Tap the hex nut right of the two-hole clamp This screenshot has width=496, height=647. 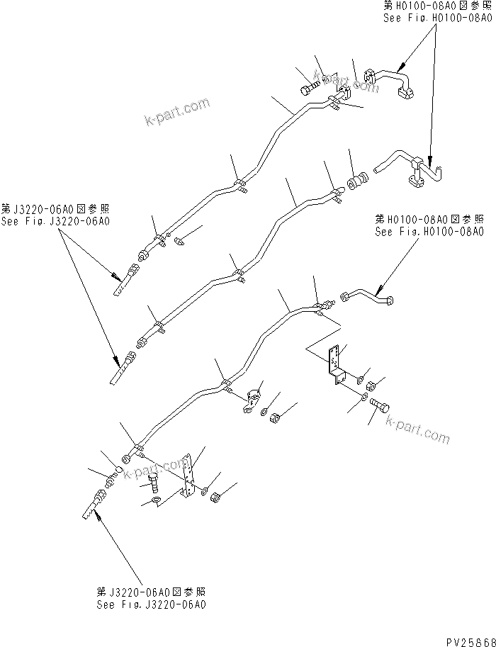tap(274, 423)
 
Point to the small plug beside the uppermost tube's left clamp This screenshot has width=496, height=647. tap(178, 242)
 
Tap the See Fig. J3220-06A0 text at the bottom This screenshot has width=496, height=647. tap(153, 605)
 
